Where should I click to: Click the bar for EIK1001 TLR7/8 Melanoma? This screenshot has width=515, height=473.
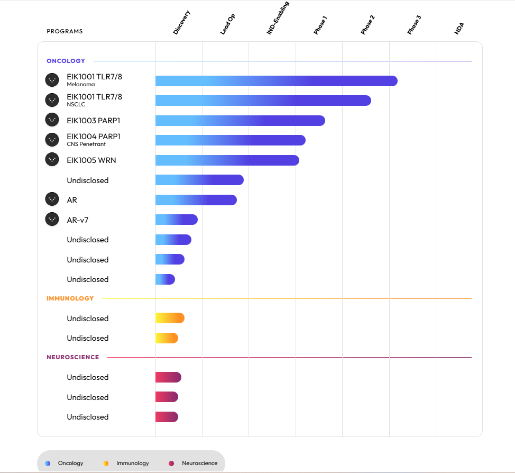pyautogui.click(x=276, y=81)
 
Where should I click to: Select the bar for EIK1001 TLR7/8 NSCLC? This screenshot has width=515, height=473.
pyautogui.click(x=263, y=101)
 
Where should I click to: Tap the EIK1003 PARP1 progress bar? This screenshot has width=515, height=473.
pyautogui.click(x=240, y=121)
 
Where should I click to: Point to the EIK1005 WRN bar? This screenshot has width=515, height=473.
pyautogui.click(x=227, y=160)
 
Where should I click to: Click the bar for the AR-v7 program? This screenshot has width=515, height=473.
pyautogui.click(x=176, y=220)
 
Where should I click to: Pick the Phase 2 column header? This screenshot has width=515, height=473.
pyautogui.click(x=368, y=25)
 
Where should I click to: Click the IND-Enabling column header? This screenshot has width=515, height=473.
pyautogui.click(x=278, y=18)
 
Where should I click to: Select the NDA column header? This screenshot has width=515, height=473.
pyautogui.click(x=459, y=29)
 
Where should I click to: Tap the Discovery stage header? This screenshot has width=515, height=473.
pyautogui.click(x=181, y=23)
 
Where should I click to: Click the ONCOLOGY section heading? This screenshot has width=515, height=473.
pyautogui.click(x=66, y=61)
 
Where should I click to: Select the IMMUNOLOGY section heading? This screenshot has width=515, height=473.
pyautogui.click(x=70, y=298)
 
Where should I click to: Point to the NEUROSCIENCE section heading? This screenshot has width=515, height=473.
pyautogui.click(x=72, y=357)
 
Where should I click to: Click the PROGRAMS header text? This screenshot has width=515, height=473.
pyautogui.click(x=65, y=31)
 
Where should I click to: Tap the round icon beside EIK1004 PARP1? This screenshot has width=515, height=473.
pyautogui.click(x=52, y=140)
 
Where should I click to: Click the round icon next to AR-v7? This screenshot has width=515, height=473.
pyautogui.click(x=52, y=219)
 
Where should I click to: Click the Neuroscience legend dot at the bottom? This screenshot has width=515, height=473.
pyautogui.click(x=171, y=463)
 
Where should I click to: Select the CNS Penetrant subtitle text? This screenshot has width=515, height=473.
pyautogui.click(x=86, y=144)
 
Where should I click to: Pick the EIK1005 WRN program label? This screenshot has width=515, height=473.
pyautogui.click(x=91, y=160)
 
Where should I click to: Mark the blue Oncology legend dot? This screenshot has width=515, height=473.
pyautogui.click(x=48, y=463)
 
